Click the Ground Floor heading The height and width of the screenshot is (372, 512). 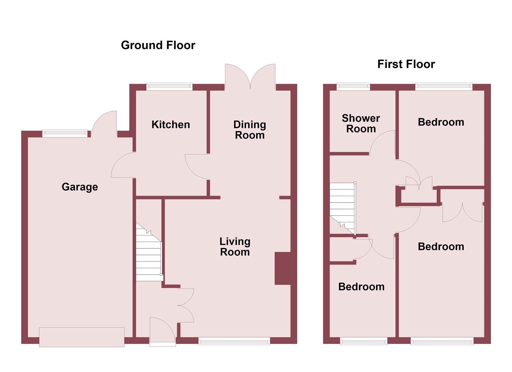point(158,45)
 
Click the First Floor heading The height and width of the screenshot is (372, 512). point(406,64)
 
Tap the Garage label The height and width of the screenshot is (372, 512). point(80,187)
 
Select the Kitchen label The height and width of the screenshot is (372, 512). point(171,124)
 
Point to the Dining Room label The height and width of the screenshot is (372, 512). point(250,130)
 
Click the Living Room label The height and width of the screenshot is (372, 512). point(235,247)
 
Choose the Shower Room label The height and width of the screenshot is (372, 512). point(361,123)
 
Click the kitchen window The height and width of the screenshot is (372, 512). point(169,86)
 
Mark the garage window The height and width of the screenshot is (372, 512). point(65,133)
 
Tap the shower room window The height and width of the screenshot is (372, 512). point(353,86)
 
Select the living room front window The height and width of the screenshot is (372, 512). point(234,341)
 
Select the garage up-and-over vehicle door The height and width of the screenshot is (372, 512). point(82,337)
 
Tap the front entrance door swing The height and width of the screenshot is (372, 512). point(162,331)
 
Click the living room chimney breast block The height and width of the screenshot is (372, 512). point(283,269)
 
